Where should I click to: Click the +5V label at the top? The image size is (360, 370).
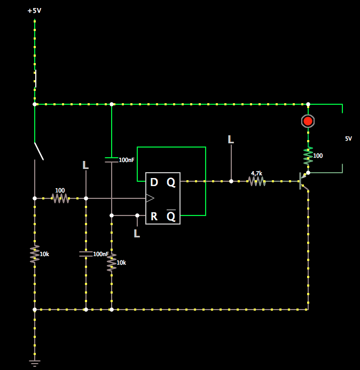click(x=34, y=11)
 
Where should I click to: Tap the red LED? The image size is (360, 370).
click(x=308, y=121)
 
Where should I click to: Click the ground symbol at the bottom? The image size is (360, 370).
click(x=35, y=363)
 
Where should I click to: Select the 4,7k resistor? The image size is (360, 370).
click(x=257, y=181)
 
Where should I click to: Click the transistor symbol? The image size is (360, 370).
click(x=303, y=181)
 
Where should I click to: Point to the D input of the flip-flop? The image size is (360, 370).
click(x=154, y=182)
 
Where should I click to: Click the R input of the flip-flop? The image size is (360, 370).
click(x=154, y=216)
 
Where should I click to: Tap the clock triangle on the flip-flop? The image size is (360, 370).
click(x=150, y=198)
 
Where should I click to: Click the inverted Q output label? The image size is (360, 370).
click(x=171, y=216)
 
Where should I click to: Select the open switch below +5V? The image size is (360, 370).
click(x=38, y=151)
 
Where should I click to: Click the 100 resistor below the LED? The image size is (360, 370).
click(x=308, y=156)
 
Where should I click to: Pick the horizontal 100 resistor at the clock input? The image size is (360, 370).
click(x=60, y=198)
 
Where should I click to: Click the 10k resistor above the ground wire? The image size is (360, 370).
click(x=35, y=254)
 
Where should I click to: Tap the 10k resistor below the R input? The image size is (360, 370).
click(x=111, y=263)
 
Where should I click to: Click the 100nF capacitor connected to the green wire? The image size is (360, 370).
click(x=111, y=159)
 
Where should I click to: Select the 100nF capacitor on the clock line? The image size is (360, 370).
click(x=85, y=253)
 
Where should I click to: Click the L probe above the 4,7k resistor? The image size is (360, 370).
click(x=231, y=140)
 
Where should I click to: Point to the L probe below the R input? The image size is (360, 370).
click(x=137, y=234)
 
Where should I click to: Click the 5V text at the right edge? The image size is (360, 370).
click(x=348, y=138)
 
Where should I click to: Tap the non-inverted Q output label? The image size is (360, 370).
click(x=171, y=182)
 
